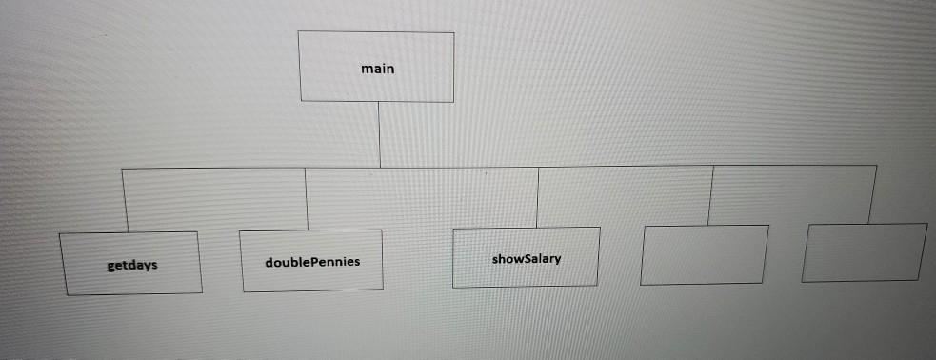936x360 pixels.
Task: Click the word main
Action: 378,69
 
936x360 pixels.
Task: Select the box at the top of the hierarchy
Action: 377,67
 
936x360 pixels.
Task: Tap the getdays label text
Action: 132,265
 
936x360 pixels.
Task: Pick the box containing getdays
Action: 131,263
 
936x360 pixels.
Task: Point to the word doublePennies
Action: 313,260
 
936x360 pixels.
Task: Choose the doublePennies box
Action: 311,259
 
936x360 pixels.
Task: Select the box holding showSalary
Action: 527,257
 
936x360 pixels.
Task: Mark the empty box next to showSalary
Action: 705,254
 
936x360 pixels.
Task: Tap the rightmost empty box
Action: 865,252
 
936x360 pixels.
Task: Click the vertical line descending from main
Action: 379,133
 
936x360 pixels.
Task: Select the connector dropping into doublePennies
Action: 307,198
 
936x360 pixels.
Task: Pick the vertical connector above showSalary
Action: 538,196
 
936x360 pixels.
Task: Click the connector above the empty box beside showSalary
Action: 711,194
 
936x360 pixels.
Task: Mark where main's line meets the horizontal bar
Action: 379,168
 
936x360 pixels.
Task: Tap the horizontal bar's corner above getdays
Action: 122,169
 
